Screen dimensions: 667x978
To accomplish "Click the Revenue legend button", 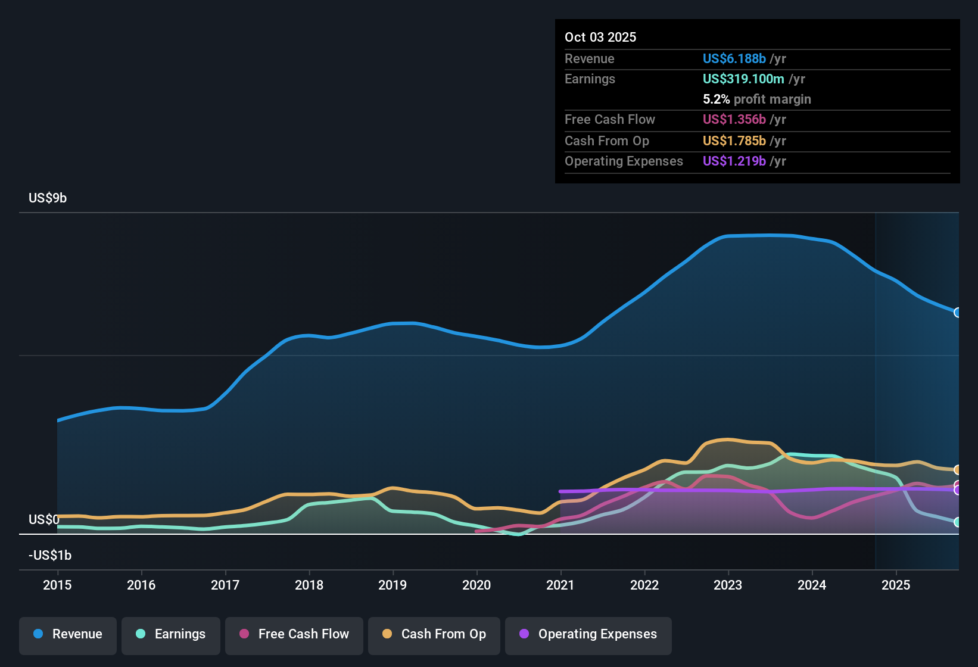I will click(x=68, y=634).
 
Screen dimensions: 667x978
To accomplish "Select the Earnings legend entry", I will click(x=171, y=634).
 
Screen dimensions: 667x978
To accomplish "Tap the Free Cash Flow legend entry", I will click(x=294, y=634).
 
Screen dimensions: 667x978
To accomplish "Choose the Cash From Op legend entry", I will click(x=434, y=634).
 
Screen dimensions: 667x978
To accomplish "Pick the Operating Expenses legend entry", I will click(x=588, y=634).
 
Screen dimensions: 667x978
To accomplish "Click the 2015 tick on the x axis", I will click(x=57, y=585).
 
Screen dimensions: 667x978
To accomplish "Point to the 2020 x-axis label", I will click(x=476, y=585).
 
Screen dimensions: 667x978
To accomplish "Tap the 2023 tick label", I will click(x=728, y=585).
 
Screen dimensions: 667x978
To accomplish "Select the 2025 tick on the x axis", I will click(x=896, y=585).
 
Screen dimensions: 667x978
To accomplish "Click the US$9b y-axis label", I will click(x=48, y=198).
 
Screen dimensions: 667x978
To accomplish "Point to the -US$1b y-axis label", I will click(x=50, y=556).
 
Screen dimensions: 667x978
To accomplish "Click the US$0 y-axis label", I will click(x=44, y=520).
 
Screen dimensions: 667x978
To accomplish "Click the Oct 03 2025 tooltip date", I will click(x=600, y=38).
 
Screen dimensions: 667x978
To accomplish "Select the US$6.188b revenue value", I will click(x=734, y=59).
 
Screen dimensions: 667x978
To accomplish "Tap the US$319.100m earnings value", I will click(x=743, y=79).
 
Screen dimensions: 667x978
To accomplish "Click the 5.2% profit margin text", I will click(x=756, y=99).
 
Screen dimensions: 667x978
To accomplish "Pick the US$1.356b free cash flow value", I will click(x=734, y=120).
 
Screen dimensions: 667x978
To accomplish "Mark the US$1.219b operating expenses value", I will click(x=734, y=161).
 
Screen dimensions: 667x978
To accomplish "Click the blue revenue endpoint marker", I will click(x=957, y=313).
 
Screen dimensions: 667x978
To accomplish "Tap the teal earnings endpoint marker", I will click(x=957, y=522).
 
